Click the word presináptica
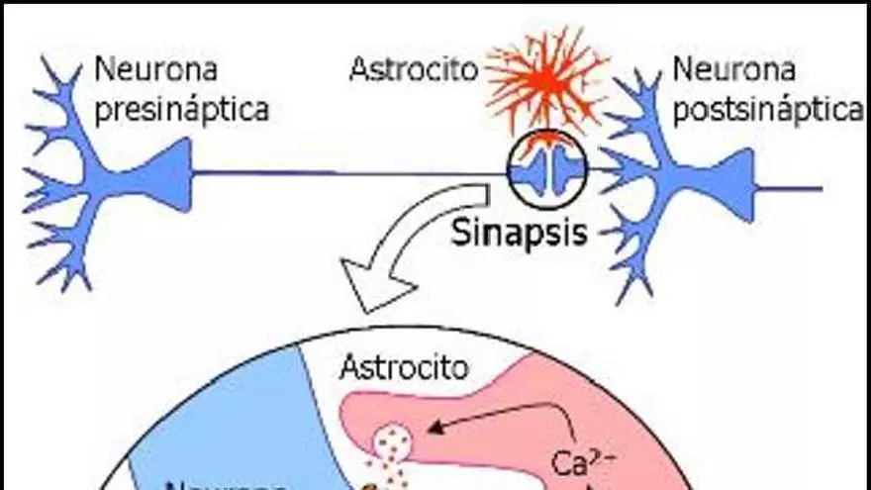click(182, 108)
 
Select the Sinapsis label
click(520, 233)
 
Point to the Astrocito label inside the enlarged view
click(403, 369)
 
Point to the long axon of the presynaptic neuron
click(346, 174)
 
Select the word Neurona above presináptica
click(156, 69)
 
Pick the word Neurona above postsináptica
click(734, 69)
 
